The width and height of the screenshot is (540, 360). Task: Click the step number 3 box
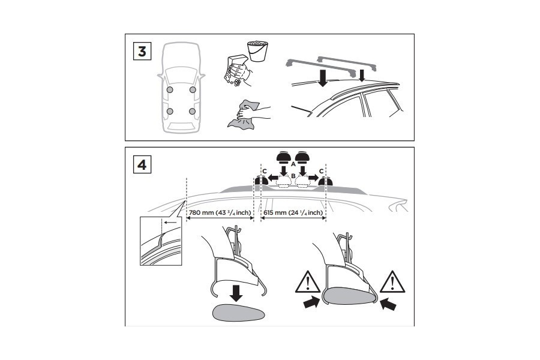pyautogui.click(x=142, y=51)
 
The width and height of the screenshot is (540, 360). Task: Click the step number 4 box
pyautogui.click(x=142, y=164)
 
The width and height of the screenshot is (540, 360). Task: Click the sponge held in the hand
pyautogui.click(x=236, y=65)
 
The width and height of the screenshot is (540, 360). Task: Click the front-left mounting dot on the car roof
pyautogui.click(x=170, y=90)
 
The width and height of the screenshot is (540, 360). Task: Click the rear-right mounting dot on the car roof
pyautogui.click(x=192, y=111)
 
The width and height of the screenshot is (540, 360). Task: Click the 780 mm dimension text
pyautogui.click(x=220, y=212)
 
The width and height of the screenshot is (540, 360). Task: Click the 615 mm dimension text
pyautogui.click(x=294, y=212)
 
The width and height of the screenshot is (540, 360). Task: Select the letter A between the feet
pyautogui.click(x=292, y=163)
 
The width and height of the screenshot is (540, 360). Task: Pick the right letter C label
pyautogui.click(x=322, y=171)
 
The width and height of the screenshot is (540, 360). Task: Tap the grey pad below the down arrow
pyautogui.click(x=236, y=313)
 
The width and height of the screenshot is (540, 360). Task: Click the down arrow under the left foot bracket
pyautogui.click(x=236, y=292)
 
